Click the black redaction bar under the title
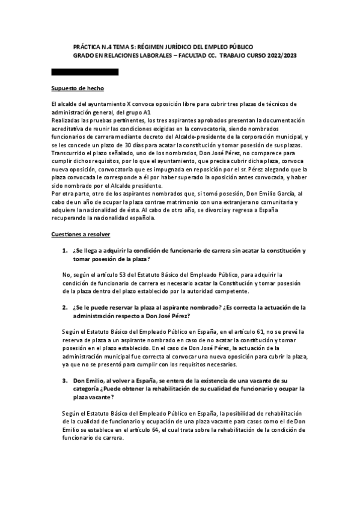[x=85, y=72]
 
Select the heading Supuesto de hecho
[x=78, y=89]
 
